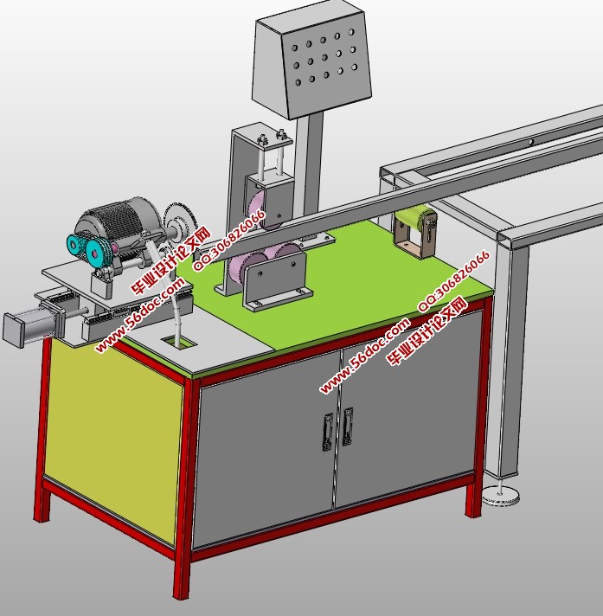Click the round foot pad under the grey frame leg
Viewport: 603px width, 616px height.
pyautogui.click(x=501, y=495)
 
